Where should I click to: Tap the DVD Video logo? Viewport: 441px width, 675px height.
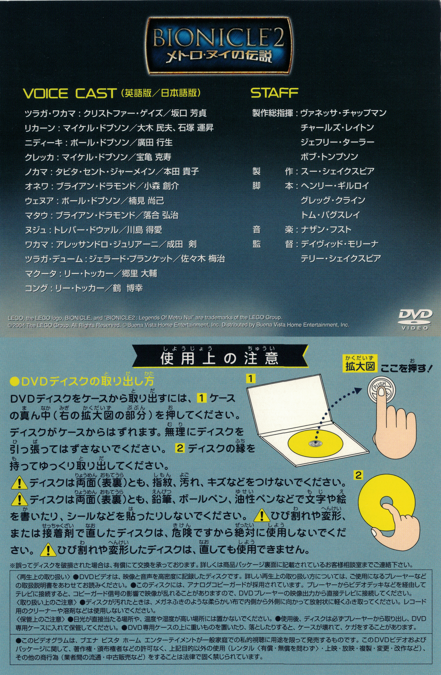416,320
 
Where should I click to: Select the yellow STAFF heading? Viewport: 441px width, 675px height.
274,93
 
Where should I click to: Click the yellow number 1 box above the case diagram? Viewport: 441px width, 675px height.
251,379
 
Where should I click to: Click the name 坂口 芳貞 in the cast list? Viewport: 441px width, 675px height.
188,113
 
